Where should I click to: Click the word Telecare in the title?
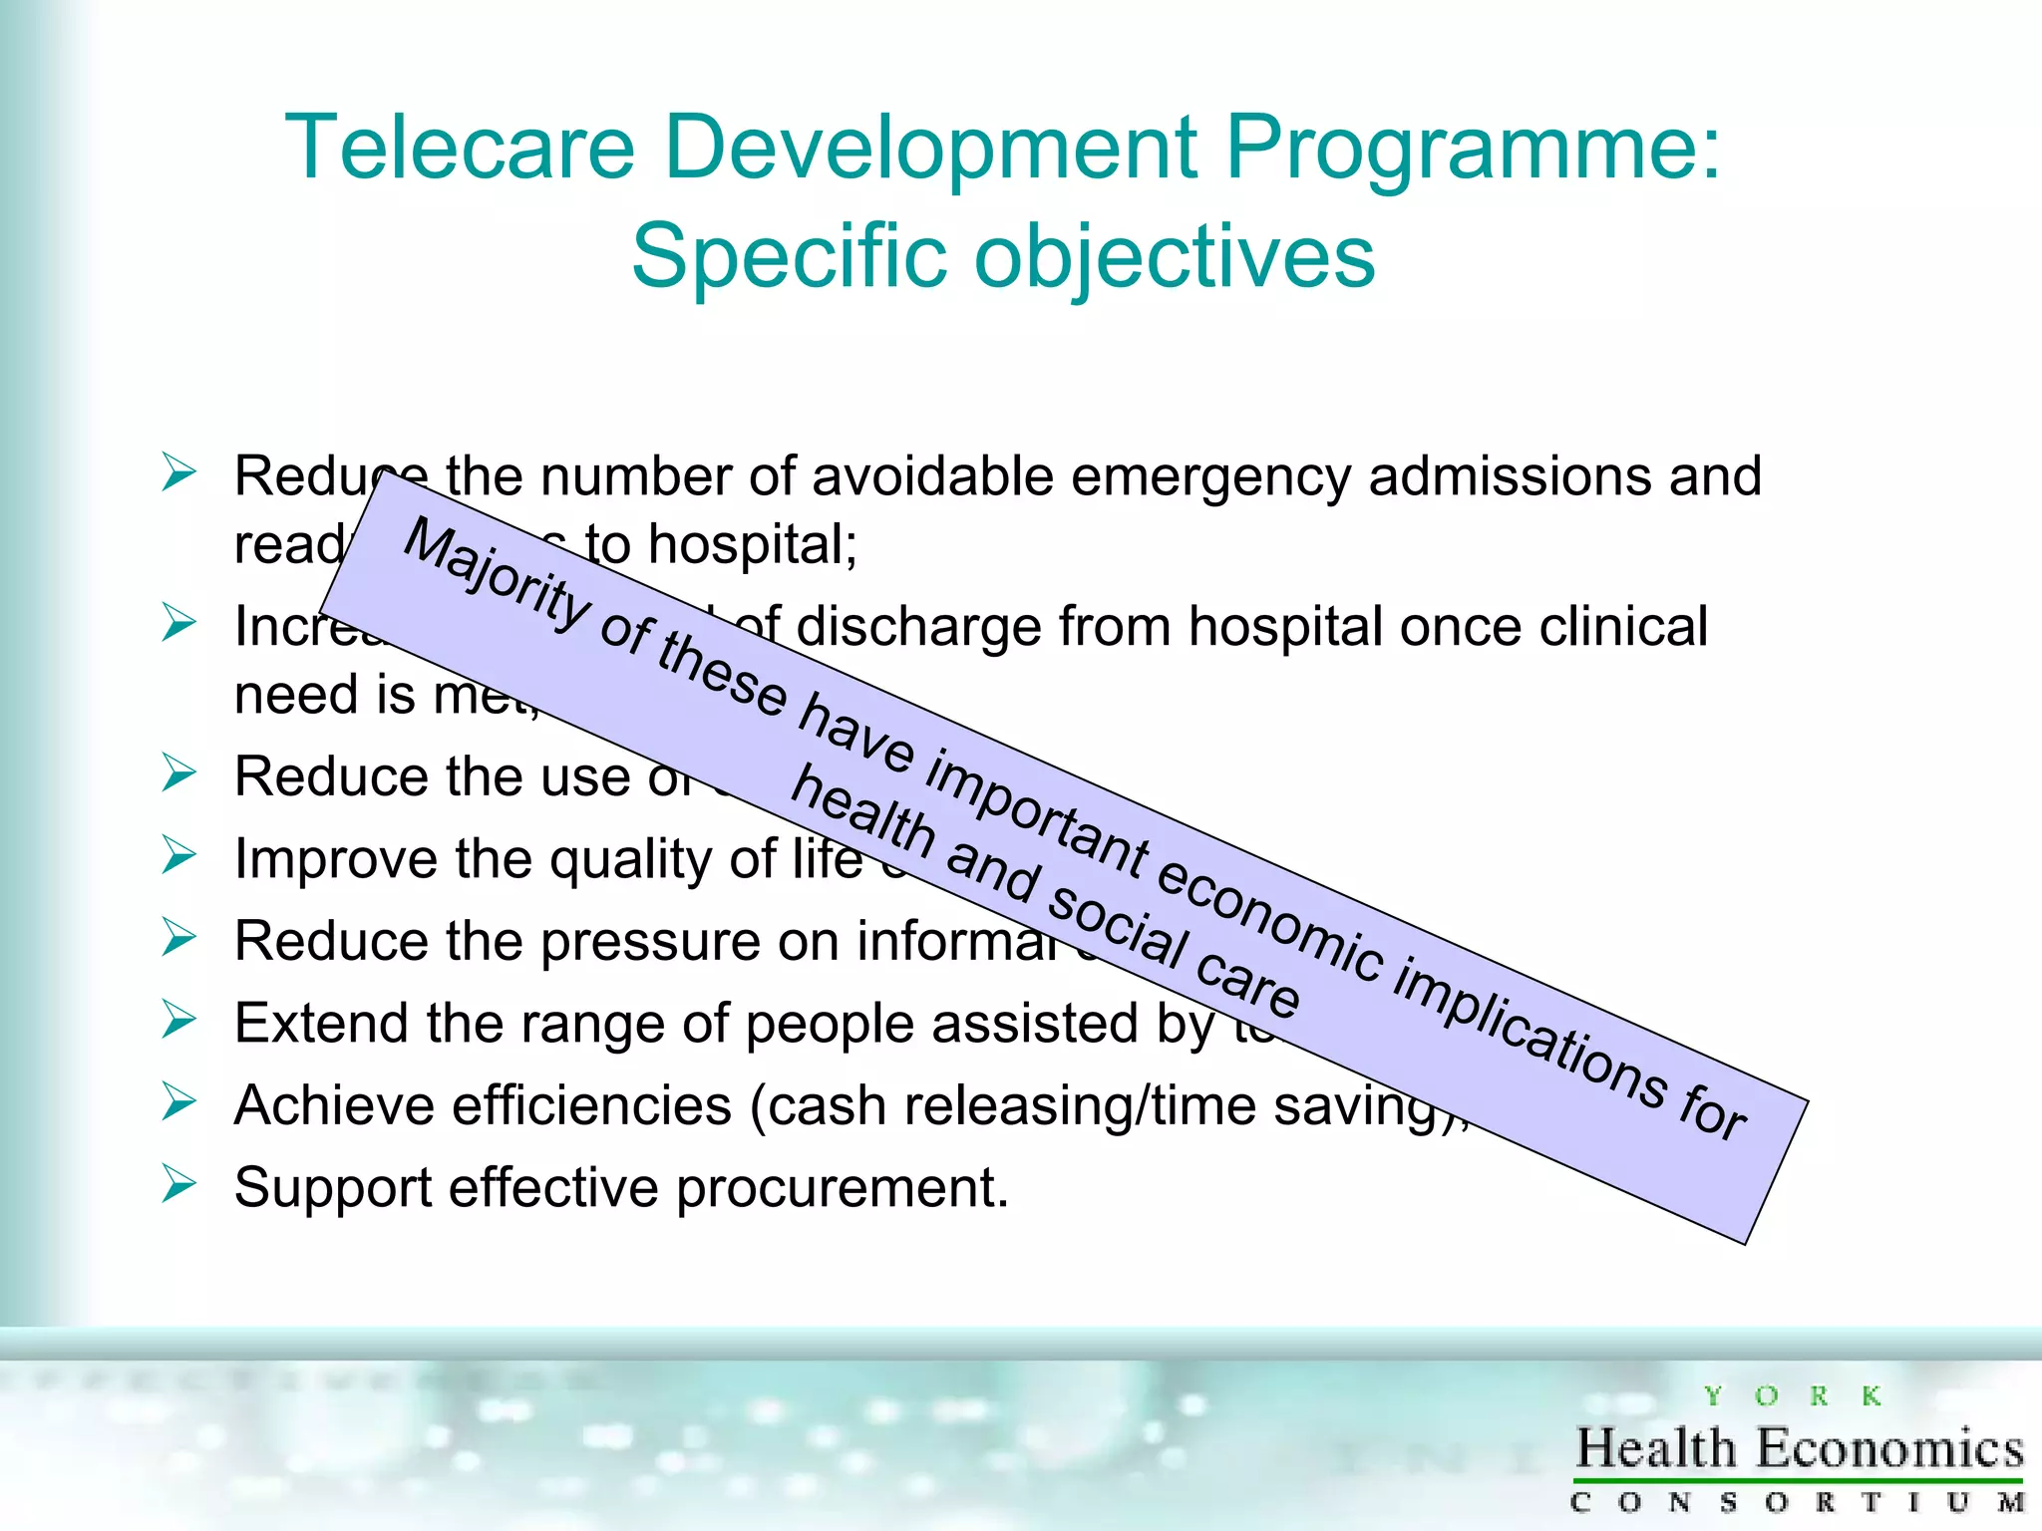pyautogui.click(x=460, y=148)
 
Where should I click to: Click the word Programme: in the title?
pyautogui.click(x=1473, y=150)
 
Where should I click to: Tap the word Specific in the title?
pyautogui.click(x=789, y=256)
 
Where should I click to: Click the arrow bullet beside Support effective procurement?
pyautogui.click(x=179, y=1184)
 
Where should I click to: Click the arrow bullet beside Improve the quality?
pyautogui.click(x=179, y=855)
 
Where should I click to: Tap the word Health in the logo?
pyautogui.click(x=1656, y=1448)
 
